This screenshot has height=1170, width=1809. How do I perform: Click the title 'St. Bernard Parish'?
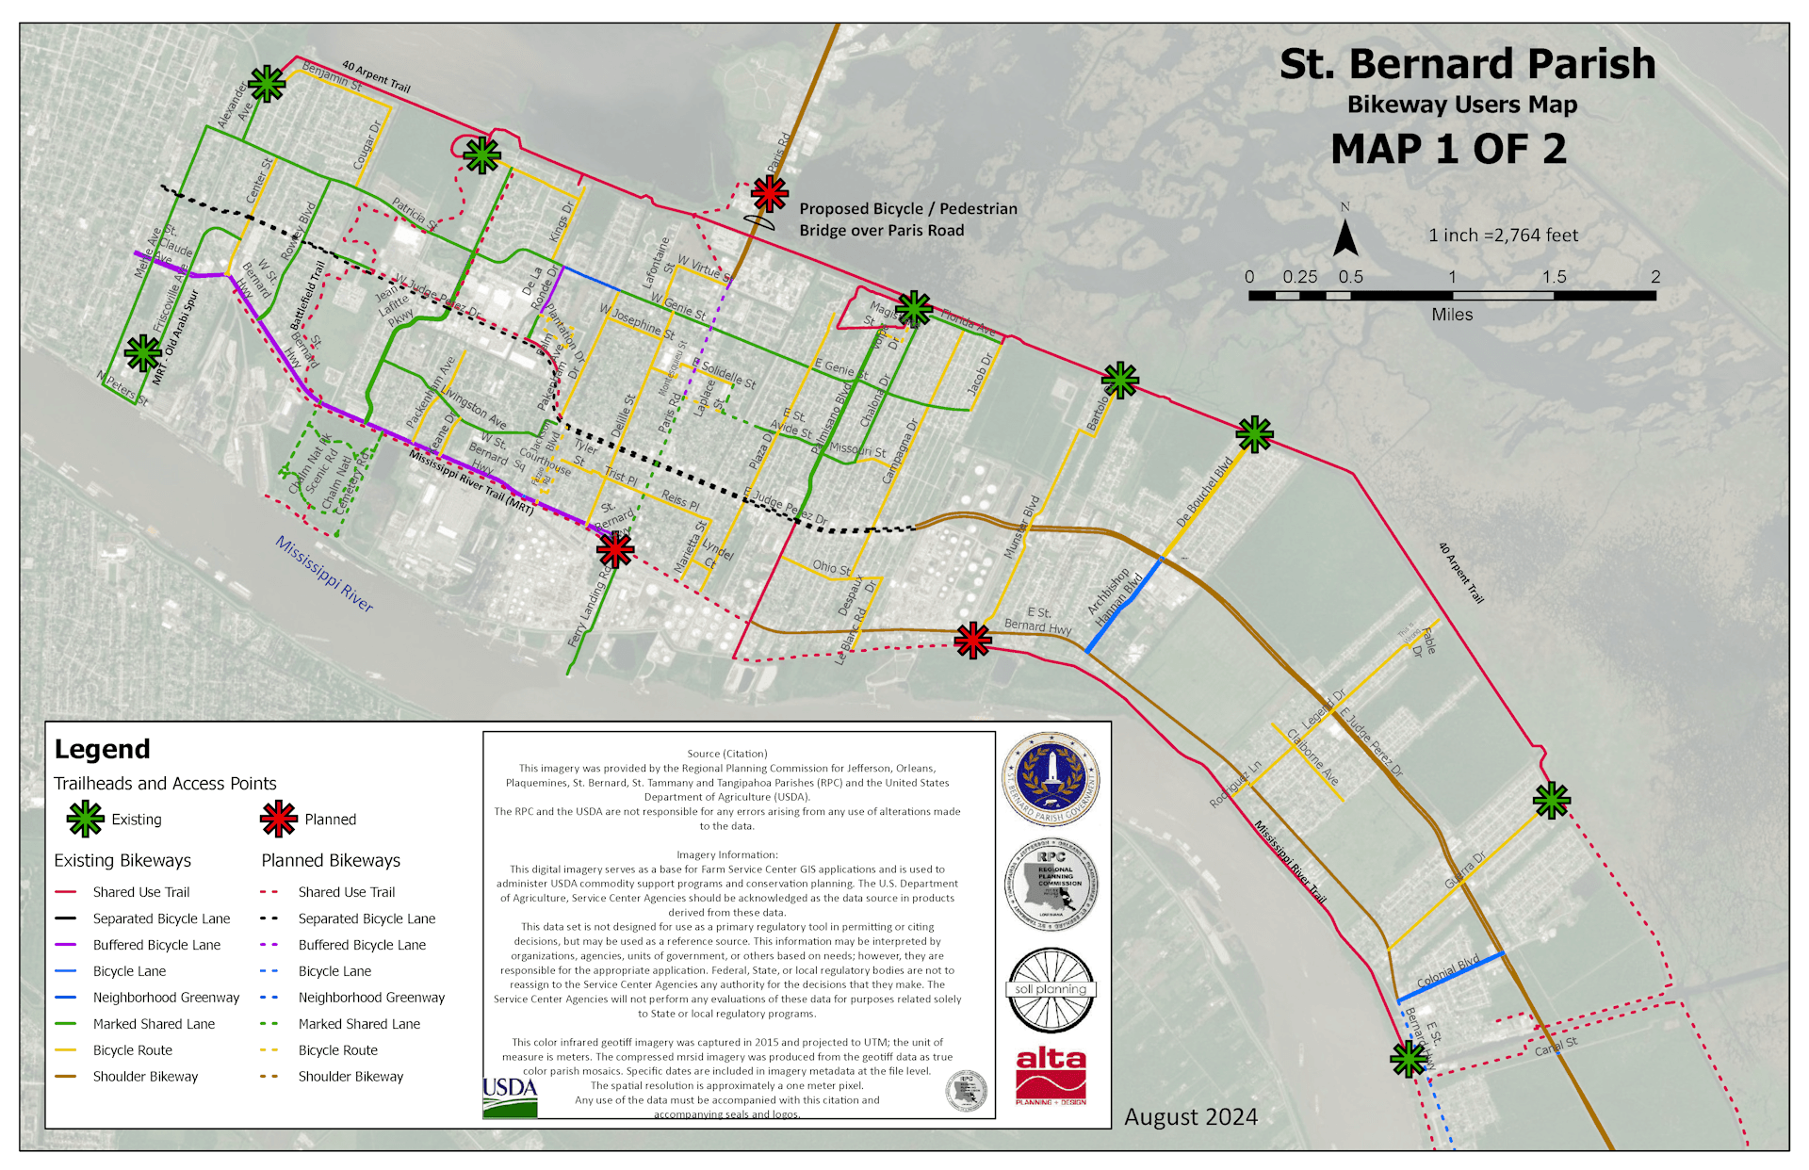pos(1467,64)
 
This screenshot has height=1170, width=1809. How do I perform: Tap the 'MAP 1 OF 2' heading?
pos(1448,149)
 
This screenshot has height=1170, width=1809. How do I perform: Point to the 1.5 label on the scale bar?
pos(1554,277)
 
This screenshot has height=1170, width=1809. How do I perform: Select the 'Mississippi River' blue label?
pos(324,574)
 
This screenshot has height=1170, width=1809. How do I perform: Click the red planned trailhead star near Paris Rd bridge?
pos(770,194)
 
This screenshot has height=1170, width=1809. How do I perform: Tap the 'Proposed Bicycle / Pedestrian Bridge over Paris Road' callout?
pos(907,219)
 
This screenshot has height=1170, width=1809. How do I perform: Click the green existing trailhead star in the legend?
pos(86,819)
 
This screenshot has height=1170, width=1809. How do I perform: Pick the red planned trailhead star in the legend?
pos(279,819)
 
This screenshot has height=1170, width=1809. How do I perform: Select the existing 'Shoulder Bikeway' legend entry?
pos(145,1077)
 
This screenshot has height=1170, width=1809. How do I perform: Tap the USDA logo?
pos(510,1096)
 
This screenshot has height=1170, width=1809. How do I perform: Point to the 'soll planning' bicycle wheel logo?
pos(1051,990)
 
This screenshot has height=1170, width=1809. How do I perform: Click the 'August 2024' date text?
pos(1191,1117)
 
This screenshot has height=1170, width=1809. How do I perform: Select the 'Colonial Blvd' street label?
pos(1448,972)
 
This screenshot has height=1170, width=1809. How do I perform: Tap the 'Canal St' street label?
pos(1556,1047)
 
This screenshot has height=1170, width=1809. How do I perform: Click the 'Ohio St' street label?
pos(831,567)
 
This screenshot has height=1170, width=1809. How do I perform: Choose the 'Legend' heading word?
pos(102,749)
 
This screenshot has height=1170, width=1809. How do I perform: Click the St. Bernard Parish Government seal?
pos(1051,780)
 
